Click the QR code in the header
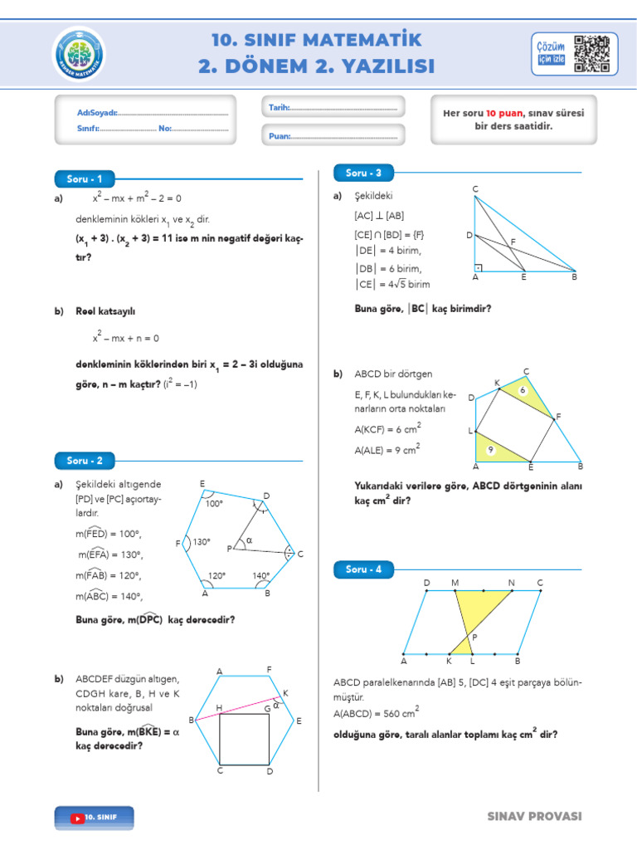[592, 54]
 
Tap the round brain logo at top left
[80, 55]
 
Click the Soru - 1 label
[84, 178]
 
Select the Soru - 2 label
[84, 460]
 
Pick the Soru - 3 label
[363, 173]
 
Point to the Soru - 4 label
[363, 569]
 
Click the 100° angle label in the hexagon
[215, 503]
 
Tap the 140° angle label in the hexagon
[261, 574]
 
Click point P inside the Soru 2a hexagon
[230, 549]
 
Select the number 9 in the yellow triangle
[490, 449]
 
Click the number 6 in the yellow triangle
[523, 389]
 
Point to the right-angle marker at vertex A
[479, 267]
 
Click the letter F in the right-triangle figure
[513, 242]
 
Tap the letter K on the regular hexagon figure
[285, 692]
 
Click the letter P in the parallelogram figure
[474, 637]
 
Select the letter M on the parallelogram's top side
[455, 583]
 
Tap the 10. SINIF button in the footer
[94, 817]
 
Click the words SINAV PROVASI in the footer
[534, 817]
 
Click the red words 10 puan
[503, 113]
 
